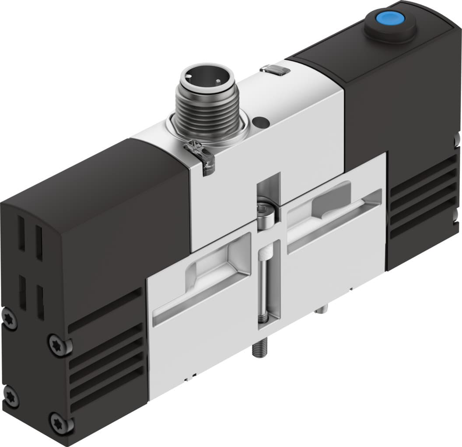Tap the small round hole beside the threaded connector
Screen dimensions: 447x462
[261, 120]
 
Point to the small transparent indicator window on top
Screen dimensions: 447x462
[274, 69]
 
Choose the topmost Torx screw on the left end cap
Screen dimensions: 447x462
[9, 319]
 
